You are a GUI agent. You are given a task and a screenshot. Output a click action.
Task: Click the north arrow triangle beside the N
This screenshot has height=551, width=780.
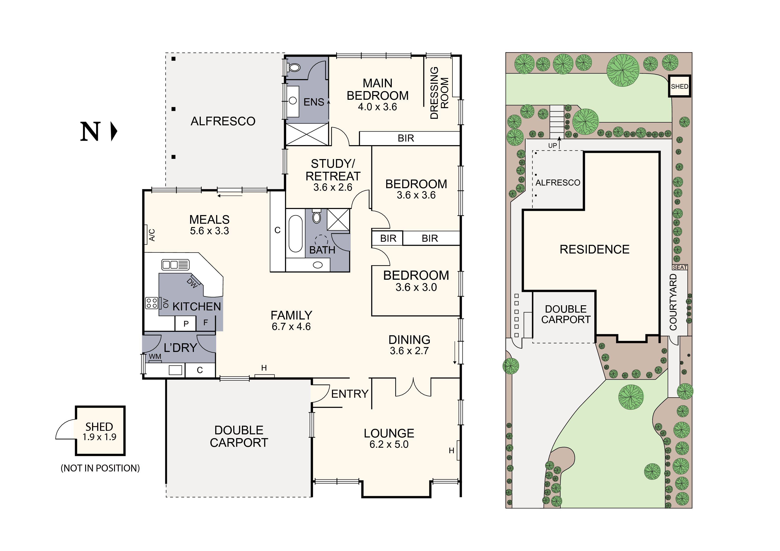pyautogui.click(x=114, y=131)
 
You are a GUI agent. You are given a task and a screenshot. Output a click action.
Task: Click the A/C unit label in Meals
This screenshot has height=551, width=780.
pyautogui.click(x=152, y=235)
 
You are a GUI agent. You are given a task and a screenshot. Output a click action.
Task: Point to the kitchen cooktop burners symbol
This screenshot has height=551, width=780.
pyautogui.click(x=151, y=303)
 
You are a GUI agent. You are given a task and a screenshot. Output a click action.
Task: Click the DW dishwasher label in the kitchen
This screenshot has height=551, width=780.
pyautogui.click(x=192, y=283)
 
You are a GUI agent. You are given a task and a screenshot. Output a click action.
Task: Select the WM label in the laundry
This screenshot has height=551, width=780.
pyautogui.click(x=155, y=356)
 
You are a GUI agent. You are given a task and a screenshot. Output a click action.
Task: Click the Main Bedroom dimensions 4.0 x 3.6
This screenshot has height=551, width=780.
pyautogui.click(x=377, y=107)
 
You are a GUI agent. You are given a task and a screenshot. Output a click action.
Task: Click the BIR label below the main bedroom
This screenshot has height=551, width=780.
pyautogui.click(x=406, y=138)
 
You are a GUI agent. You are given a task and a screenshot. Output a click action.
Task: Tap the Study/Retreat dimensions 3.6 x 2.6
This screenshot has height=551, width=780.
pyautogui.click(x=333, y=187)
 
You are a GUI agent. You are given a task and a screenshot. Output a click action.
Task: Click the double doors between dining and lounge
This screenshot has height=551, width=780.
pyautogui.click(x=413, y=388)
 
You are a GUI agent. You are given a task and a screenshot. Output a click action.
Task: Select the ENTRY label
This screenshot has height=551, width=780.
pyautogui.click(x=350, y=394)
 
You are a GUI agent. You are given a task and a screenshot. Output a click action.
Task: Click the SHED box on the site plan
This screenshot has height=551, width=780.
pyautogui.click(x=679, y=86)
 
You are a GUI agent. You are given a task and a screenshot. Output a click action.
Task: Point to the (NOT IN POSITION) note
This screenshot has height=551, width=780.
pyautogui.click(x=100, y=468)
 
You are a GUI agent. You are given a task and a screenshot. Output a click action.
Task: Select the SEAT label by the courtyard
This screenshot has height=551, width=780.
pyautogui.click(x=680, y=268)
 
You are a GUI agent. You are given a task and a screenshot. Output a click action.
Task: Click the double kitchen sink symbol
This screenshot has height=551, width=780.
pyautogui.click(x=175, y=264)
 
